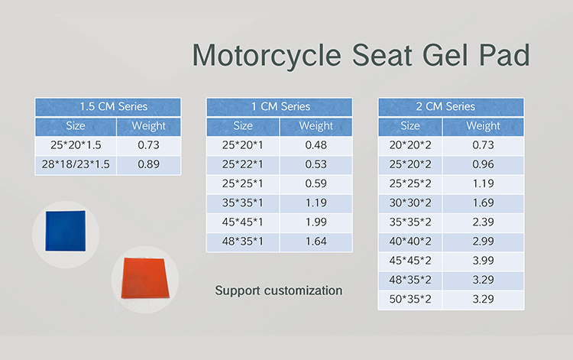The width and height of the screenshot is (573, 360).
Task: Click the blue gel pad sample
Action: [66, 231]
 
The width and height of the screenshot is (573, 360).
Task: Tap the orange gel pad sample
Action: [145, 277]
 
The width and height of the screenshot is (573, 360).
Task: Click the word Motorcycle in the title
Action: [267, 56]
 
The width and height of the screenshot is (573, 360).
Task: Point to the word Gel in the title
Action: [445, 55]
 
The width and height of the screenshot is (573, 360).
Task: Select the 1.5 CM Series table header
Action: [108, 107]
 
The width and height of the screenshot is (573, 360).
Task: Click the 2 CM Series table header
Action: [451, 107]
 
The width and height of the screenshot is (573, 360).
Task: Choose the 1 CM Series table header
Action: [280, 107]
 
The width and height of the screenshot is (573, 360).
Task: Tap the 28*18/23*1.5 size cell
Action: [76, 164]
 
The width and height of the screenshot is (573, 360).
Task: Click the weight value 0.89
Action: [149, 164]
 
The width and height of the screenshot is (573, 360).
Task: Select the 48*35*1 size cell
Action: [243, 242]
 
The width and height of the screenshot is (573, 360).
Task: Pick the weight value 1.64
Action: [316, 242]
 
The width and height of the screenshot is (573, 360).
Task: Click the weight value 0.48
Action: [316, 145]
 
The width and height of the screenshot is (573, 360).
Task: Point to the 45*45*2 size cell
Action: [410, 261]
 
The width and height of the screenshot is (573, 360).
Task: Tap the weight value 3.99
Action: [483, 261]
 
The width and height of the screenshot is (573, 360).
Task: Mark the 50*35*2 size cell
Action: [410, 300]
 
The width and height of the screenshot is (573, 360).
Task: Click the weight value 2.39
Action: [483, 222]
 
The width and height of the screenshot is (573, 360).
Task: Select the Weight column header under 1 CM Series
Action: [316, 126]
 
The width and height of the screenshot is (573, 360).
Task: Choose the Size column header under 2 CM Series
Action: [410, 126]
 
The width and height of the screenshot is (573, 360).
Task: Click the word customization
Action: [303, 290]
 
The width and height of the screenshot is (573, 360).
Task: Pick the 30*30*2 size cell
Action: [410, 203]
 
